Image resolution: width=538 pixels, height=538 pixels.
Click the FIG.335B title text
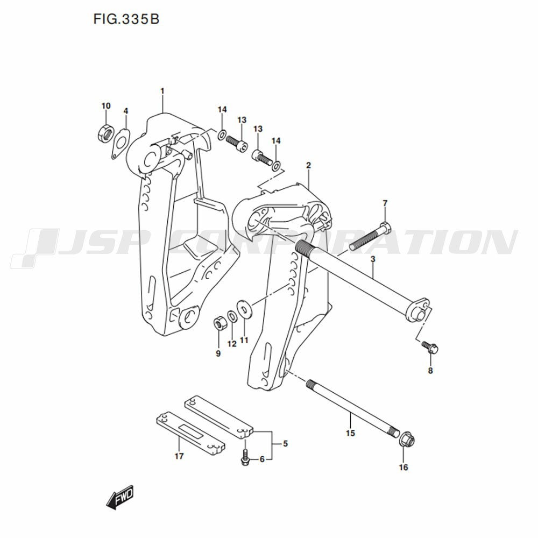(x=126, y=19)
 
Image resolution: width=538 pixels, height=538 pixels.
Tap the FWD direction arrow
(x=119, y=497)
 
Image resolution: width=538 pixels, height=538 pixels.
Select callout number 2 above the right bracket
(x=308, y=165)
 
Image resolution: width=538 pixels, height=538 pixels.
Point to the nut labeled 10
(x=105, y=133)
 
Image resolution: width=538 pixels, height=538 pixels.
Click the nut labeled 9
(x=219, y=324)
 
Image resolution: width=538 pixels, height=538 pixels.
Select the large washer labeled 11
(x=244, y=310)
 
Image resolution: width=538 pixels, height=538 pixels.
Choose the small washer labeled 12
(x=231, y=317)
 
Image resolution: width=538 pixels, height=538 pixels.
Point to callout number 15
(x=350, y=433)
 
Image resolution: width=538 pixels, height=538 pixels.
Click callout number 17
(x=179, y=456)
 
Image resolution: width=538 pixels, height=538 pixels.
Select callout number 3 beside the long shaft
(x=373, y=259)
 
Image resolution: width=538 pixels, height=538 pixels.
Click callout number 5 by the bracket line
(x=285, y=444)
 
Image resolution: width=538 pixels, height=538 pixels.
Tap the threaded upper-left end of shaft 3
(x=303, y=247)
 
